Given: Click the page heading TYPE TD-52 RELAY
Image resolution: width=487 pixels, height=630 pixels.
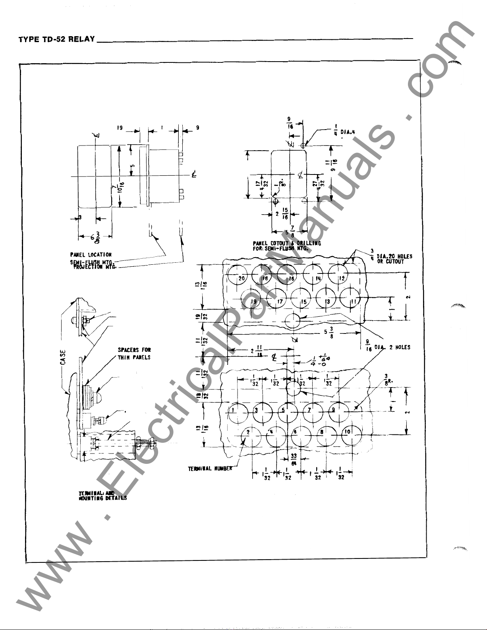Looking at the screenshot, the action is (57, 39).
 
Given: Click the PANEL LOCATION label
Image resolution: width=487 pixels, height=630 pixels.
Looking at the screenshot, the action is (91, 254).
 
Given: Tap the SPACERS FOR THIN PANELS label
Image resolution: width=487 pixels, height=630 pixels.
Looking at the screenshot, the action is (134, 353).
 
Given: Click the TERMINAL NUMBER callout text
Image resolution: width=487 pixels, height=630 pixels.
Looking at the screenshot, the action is (210, 469).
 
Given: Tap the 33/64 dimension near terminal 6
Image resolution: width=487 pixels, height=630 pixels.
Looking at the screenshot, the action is (294, 459).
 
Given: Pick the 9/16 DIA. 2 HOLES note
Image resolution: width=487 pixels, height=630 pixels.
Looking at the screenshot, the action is (388, 347).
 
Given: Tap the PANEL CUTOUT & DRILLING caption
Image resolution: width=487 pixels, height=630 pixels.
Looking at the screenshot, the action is (287, 245).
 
